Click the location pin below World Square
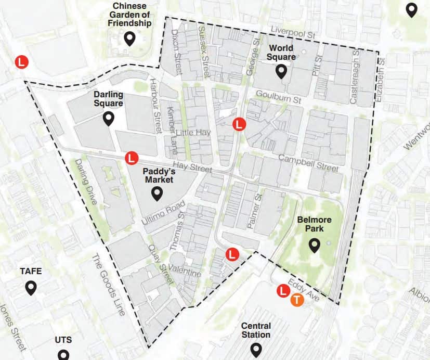(x=281, y=72)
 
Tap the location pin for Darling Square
(x=109, y=119)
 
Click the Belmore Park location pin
(x=314, y=245)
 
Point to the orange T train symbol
(x=297, y=300)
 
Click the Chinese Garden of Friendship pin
(x=129, y=38)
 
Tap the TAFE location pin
(x=31, y=288)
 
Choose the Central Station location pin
(x=255, y=349)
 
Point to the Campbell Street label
(x=308, y=163)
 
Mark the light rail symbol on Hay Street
(x=132, y=157)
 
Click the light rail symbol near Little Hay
(x=239, y=124)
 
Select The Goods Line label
(x=108, y=285)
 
